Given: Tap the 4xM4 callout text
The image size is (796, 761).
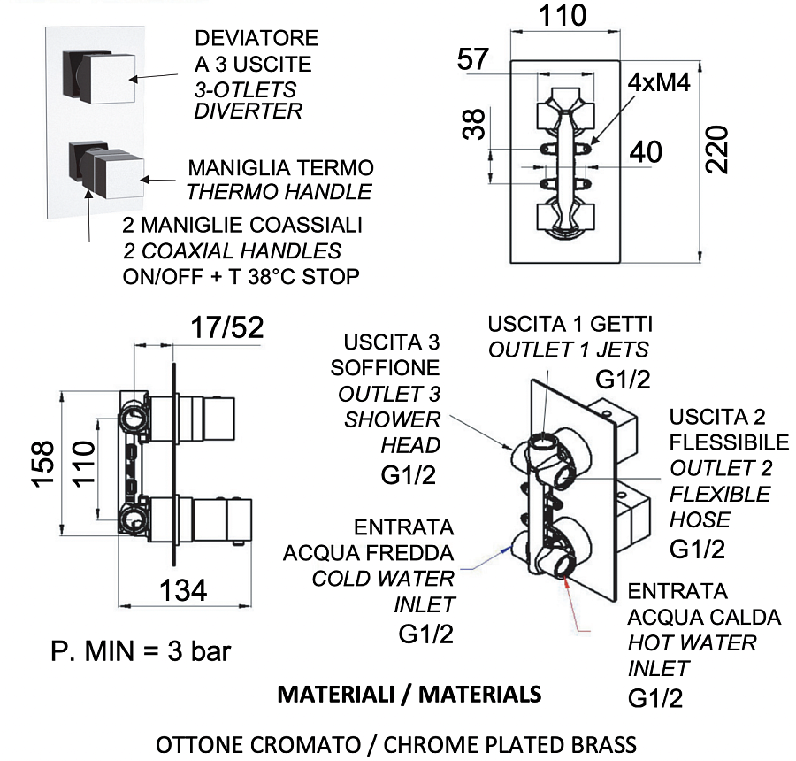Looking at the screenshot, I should (659, 83).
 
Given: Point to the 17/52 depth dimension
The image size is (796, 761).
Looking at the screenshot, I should (227, 328).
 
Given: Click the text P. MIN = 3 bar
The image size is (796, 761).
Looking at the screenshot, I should (141, 652).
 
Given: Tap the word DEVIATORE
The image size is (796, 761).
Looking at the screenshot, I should (256, 40).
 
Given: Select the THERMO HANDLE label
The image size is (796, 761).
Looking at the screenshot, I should (279, 191).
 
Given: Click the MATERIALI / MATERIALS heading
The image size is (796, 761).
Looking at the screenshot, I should (409, 694).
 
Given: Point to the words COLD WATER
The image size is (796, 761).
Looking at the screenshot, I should (383, 580).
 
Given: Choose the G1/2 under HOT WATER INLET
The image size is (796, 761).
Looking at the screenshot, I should (654, 699).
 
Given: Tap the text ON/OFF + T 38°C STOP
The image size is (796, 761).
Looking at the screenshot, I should (241, 277).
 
